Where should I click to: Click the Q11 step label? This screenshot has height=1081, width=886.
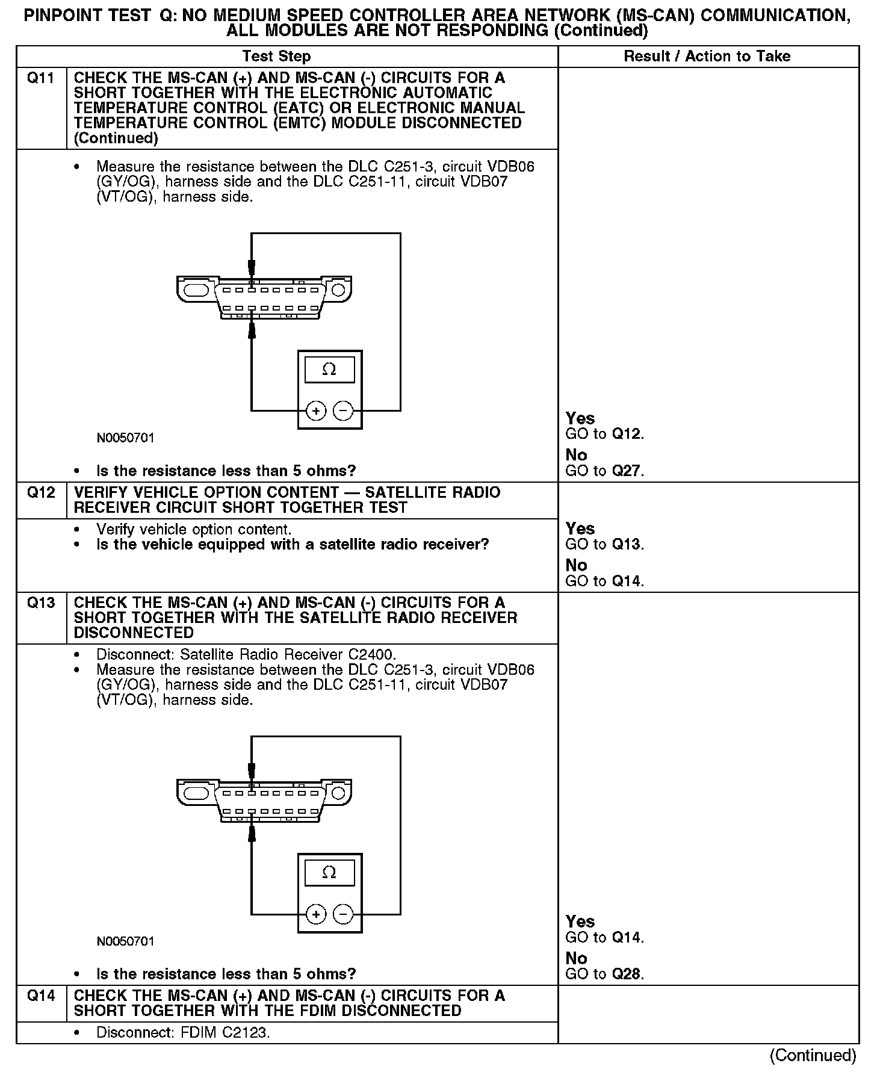[41, 78]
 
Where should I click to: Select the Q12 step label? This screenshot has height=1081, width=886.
[41, 493]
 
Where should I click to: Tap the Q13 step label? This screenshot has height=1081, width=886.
[41, 603]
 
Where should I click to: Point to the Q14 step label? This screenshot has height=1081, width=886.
[41, 996]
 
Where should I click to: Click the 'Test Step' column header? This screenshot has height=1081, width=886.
[276, 57]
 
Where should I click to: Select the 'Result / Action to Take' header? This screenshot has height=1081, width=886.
[707, 57]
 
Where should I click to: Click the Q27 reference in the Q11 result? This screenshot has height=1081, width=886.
[627, 471]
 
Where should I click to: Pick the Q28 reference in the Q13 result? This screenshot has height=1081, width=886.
[627, 974]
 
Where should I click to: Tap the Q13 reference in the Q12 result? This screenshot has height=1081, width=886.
[627, 545]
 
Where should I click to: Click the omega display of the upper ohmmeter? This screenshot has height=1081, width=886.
[329, 370]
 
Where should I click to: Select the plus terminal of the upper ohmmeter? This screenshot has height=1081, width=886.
[316, 411]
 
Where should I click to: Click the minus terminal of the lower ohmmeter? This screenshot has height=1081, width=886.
[343, 915]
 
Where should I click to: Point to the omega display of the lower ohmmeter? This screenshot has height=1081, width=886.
[329, 873]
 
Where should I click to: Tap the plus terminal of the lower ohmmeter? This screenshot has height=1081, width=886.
[316, 915]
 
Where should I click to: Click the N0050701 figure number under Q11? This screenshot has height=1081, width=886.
[126, 438]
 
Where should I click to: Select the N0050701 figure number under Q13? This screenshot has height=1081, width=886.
[126, 941]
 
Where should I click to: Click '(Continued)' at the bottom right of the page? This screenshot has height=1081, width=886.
[813, 1055]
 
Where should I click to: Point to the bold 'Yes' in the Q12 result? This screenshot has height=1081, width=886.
[580, 529]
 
